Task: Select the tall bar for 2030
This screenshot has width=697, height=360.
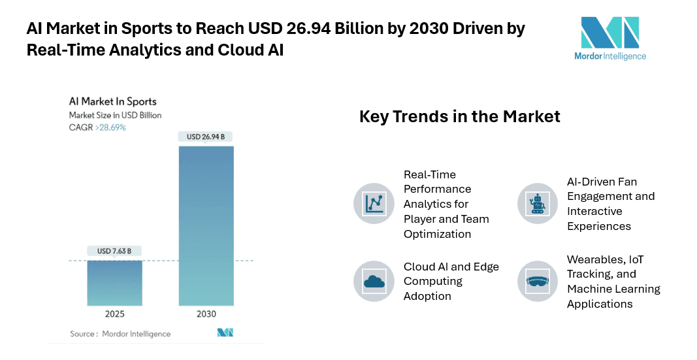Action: pyautogui.click(x=206, y=225)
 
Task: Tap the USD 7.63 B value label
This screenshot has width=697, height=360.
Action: pyautogui.click(x=114, y=250)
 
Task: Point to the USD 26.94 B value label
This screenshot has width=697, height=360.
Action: pyautogui.click(x=206, y=137)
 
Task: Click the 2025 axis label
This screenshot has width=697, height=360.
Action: pyautogui.click(x=114, y=314)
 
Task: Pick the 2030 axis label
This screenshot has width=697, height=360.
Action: pyautogui.click(x=206, y=314)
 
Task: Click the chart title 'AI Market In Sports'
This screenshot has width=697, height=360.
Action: pyautogui.click(x=113, y=101)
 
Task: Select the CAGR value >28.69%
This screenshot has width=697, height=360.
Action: pyautogui.click(x=110, y=127)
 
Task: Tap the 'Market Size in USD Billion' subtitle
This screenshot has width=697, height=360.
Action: pyautogui.click(x=115, y=115)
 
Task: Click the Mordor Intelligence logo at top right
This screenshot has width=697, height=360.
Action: pyautogui.click(x=613, y=39)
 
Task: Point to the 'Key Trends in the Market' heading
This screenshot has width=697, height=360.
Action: pyautogui.click(x=460, y=116)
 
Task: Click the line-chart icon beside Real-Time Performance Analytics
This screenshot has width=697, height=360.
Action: pyautogui.click(x=374, y=204)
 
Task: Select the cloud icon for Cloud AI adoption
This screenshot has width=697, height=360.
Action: pyautogui.click(x=374, y=282)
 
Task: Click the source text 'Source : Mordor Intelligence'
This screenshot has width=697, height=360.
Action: pyautogui.click(x=120, y=334)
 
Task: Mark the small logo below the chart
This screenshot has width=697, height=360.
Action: pyautogui.click(x=225, y=333)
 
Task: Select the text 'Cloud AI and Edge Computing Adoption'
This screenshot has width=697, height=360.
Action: pyautogui.click(x=451, y=282)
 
